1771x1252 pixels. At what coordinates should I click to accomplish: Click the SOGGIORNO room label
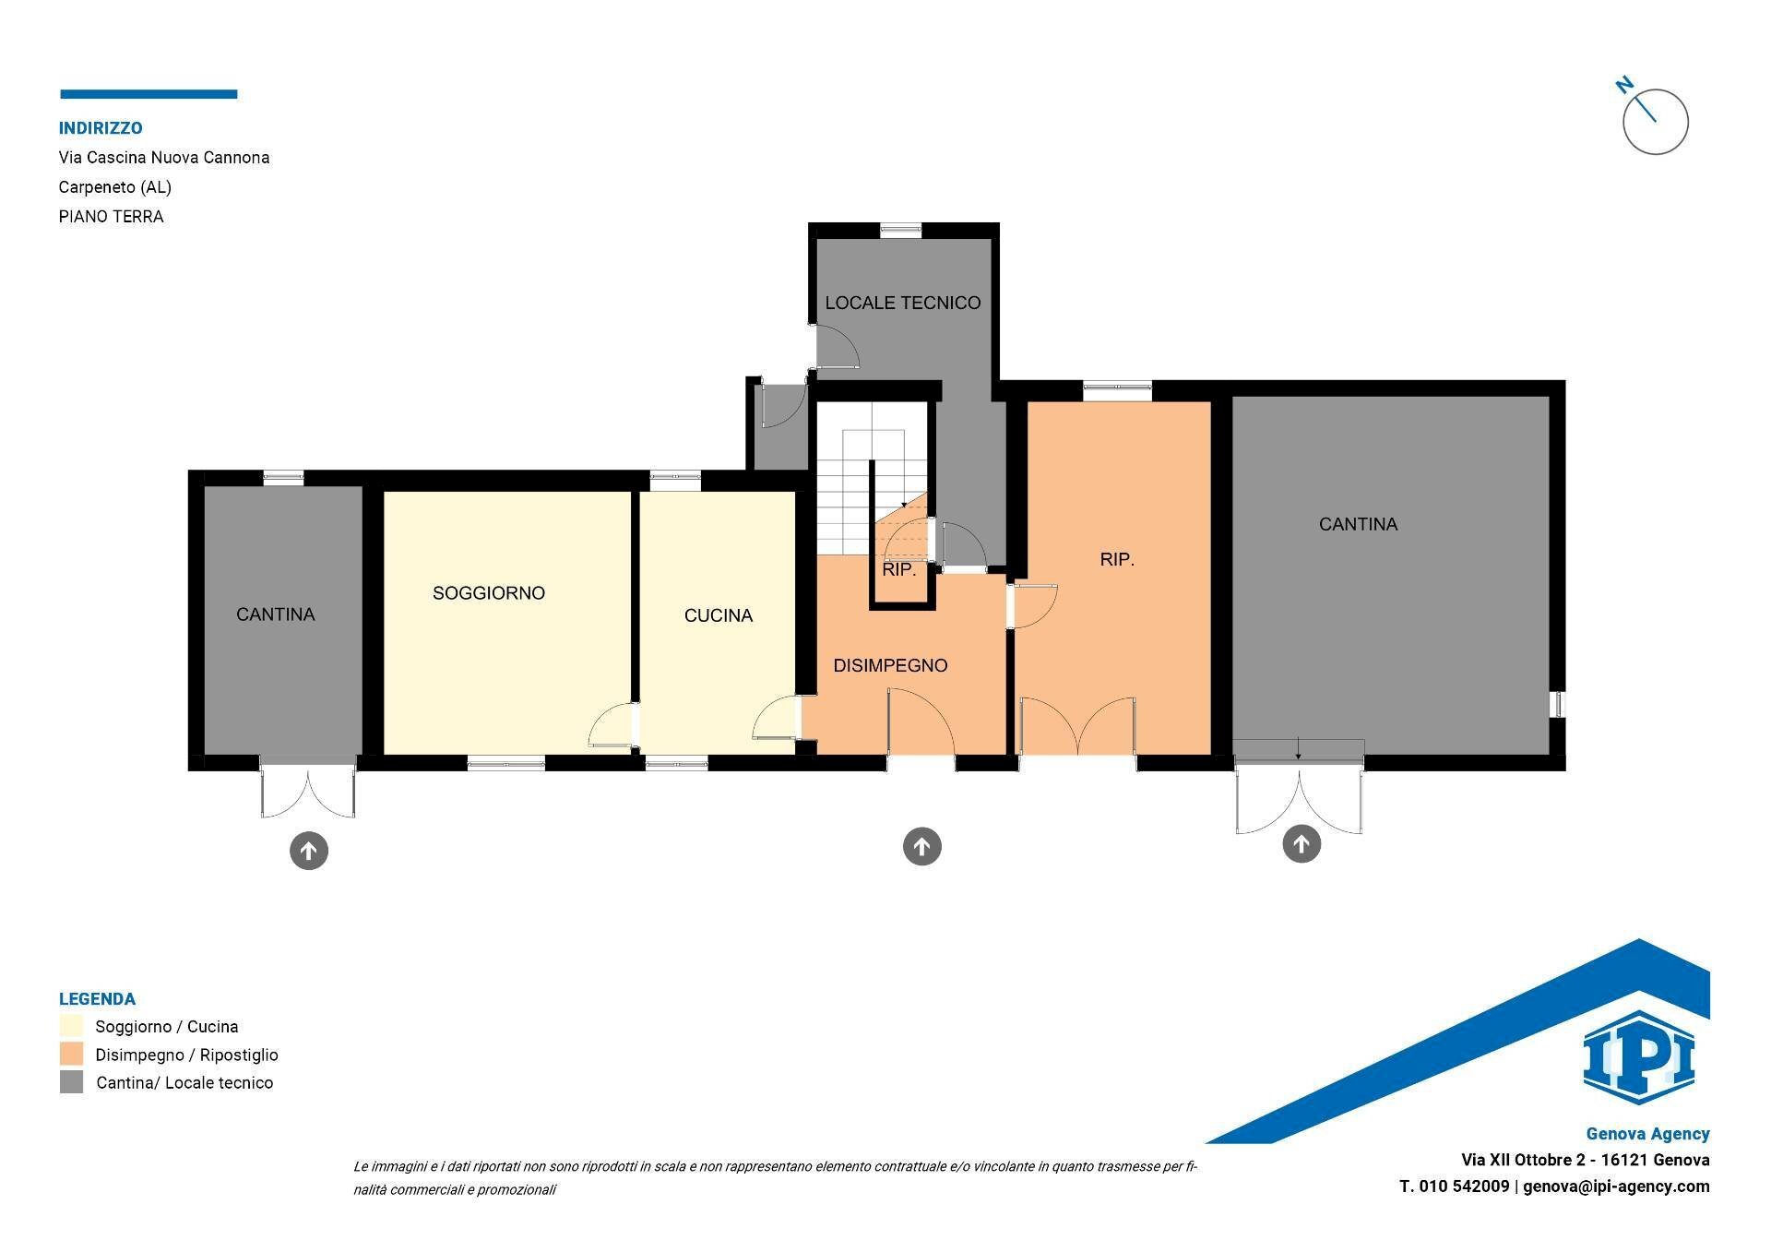click(x=489, y=593)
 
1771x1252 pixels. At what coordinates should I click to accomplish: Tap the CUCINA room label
click(x=719, y=615)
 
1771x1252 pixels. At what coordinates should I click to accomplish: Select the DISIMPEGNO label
click(x=890, y=665)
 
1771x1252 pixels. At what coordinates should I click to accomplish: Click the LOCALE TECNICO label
click(x=903, y=303)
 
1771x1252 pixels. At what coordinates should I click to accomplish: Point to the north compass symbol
click(x=1654, y=118)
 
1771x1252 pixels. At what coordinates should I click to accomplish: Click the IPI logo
click(x=1639, y=1056)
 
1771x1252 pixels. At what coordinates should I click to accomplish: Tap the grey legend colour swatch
click(x=71, y=1082)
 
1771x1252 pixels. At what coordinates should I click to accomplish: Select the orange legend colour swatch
click(x=71, y=1054)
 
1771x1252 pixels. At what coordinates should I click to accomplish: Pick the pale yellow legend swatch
click(x=71, y=1026)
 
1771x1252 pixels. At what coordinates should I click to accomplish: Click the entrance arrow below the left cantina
click(x=309, y=850)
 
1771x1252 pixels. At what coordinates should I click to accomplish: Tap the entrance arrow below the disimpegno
click(x=921, y=846)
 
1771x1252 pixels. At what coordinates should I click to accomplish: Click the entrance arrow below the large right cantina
click(x=1302, y=843)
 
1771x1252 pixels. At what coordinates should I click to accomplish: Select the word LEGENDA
click(x=97, y=999)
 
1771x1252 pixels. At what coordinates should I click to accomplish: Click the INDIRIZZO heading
click(x=101, y=128)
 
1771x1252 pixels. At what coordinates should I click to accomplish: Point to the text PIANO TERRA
click(x=111, y=217)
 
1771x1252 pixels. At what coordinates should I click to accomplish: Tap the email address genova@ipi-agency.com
click(x=1616, y=1186)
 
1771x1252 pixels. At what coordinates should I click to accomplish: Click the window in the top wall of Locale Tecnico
click(x=900, y=231)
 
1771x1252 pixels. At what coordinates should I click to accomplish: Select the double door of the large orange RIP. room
click(x=1077, y=727)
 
